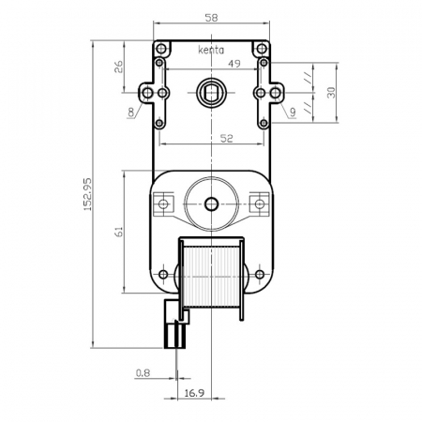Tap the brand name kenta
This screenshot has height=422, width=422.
pos(212,51)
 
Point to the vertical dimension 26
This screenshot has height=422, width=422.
pos(119,68)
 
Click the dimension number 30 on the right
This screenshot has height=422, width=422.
pos(329,92)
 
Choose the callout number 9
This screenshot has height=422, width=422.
pos(294,113)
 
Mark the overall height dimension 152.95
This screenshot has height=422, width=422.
pos(88,195)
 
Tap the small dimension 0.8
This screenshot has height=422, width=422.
pos(143,372)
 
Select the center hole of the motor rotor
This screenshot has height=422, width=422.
pos(210,203)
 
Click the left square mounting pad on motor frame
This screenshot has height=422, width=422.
pos(166,203)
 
